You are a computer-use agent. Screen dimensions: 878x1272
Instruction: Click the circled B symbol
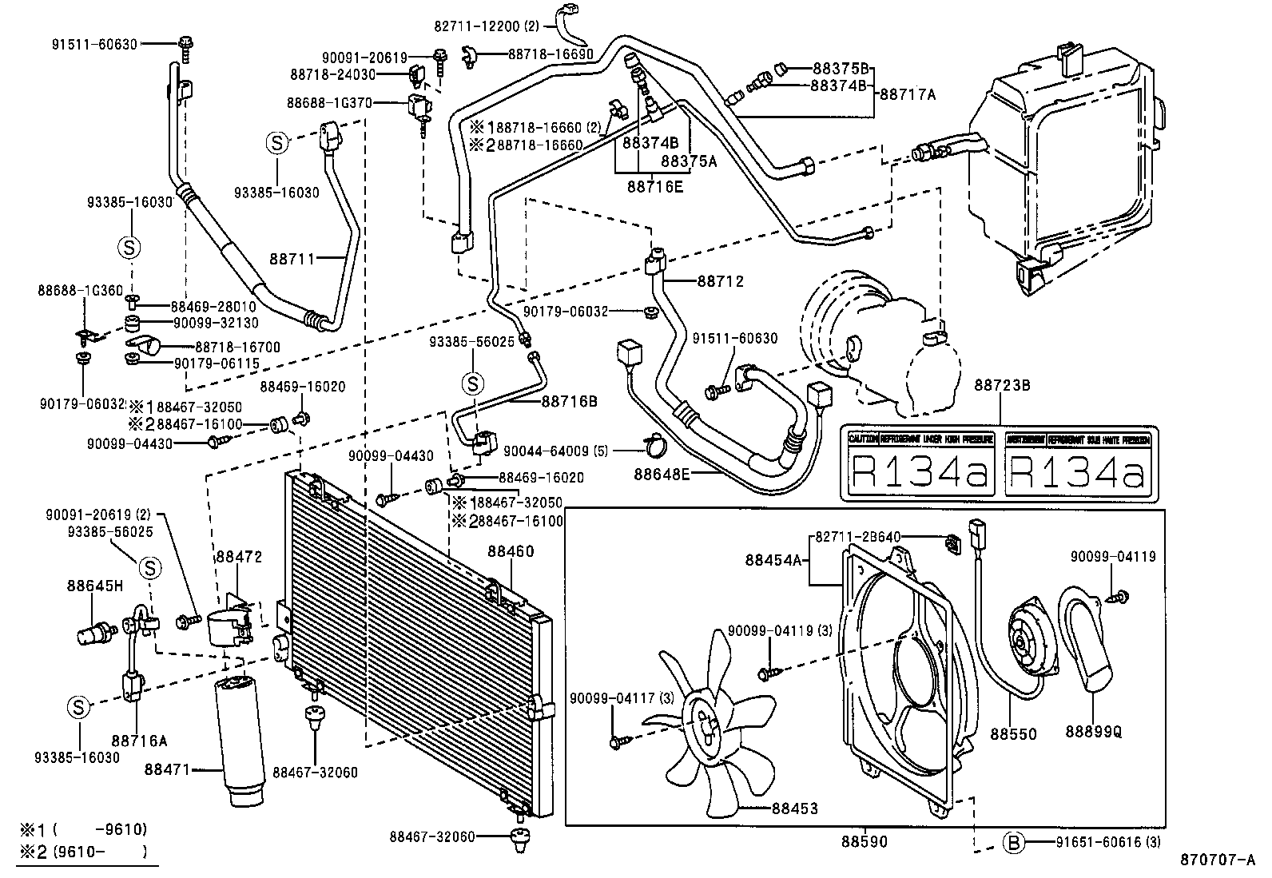[x=1013, y=842]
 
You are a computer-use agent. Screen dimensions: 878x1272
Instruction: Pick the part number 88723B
[x=1001, y=386]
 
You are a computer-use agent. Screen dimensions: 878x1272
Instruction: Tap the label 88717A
[x=907, y=94]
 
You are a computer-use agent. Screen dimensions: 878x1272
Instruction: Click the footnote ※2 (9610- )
[x=84, y=852]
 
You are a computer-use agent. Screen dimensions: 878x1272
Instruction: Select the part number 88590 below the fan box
[x=864, y=841]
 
